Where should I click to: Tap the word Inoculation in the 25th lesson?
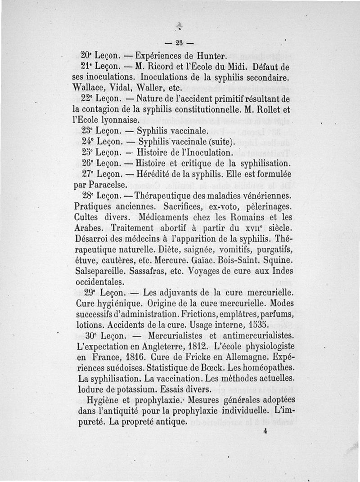(x=207, y=152)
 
